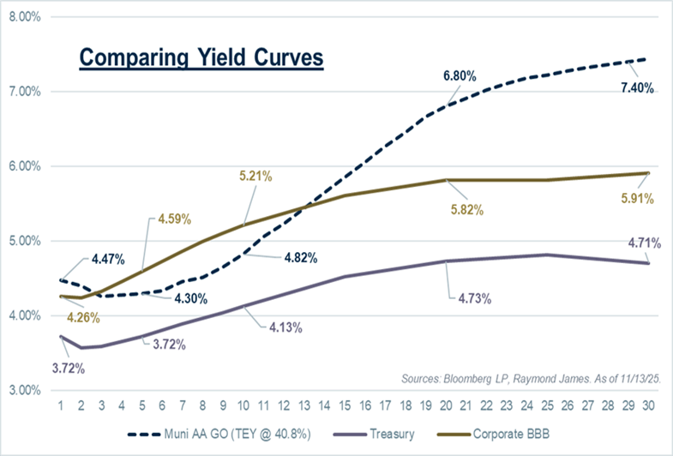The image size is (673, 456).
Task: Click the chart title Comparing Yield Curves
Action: coord(201,58)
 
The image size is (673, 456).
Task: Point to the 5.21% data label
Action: coord(255,177)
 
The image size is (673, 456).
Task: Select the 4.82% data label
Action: coord(301,257)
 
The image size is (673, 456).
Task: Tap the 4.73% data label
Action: coord(466,297)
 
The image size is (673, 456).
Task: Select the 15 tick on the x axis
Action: coord(343,404)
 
